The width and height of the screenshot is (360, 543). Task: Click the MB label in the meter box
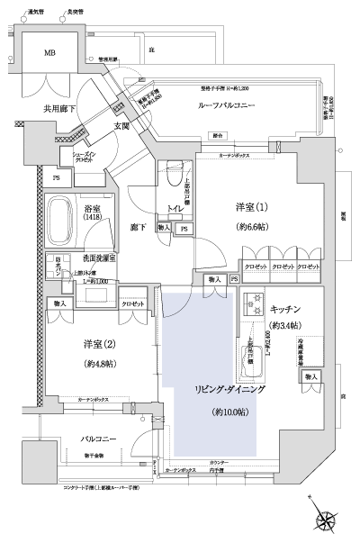[x=50, y=52]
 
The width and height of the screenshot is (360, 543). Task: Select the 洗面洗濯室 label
[x=102, y=258]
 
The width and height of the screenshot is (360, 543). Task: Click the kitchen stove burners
[x=253, y=303]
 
